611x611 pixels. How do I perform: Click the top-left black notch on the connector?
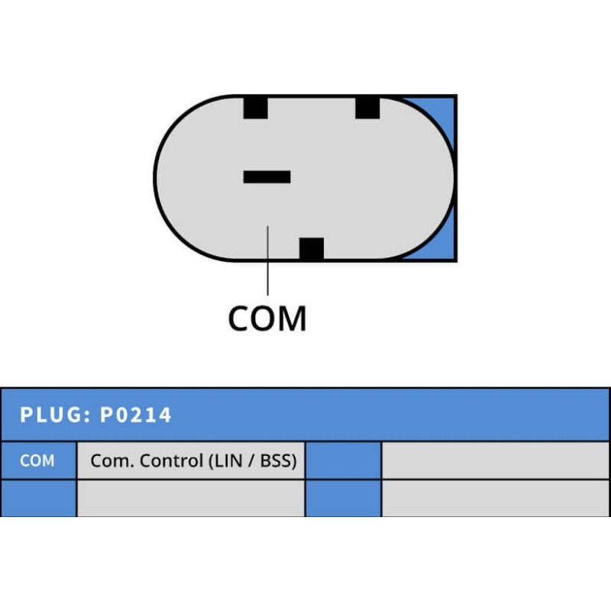pos(255,107)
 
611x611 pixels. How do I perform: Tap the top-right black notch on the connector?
pos(367,107)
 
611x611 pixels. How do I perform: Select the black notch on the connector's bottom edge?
pos(312,249)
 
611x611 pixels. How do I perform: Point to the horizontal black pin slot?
pos(267,176)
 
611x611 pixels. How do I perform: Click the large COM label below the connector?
pos(267,318)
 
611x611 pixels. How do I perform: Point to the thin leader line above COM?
pos(268,260)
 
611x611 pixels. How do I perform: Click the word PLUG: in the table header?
pos(55,415)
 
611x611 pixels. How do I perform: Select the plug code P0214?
pos(137,415)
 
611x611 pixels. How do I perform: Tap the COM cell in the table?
pos(37,461)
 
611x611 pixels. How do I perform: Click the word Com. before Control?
pos(108,461)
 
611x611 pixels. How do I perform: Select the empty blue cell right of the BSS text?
pos(343,461)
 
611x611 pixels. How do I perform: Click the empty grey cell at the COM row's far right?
pos(495,461)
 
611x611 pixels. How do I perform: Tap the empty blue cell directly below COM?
pos(37,498)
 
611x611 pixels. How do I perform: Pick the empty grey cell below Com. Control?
pos(191,498)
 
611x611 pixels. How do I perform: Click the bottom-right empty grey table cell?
pos(495,498)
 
